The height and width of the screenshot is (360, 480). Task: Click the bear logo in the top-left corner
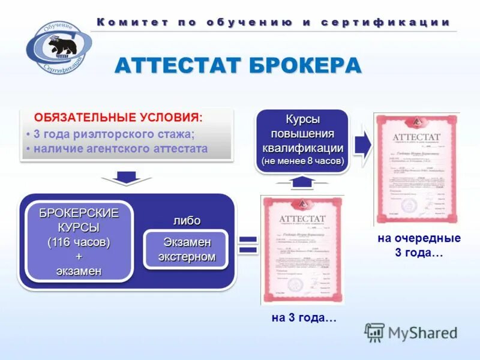click(x=58, y=47)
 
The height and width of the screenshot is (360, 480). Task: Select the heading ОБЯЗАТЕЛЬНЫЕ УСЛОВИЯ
click(x=118, y=117)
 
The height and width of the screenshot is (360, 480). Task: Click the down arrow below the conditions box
click(x=125, y=177)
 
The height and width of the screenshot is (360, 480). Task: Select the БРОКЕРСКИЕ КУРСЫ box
click(x=79, y=241)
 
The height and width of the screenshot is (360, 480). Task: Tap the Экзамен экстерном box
click(x=187, y=250)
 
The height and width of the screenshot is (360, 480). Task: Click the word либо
click(x=187, y=221)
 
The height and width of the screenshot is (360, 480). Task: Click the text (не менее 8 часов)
click(x=302, y=161)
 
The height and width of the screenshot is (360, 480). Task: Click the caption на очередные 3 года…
click(x=419, y=245)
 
